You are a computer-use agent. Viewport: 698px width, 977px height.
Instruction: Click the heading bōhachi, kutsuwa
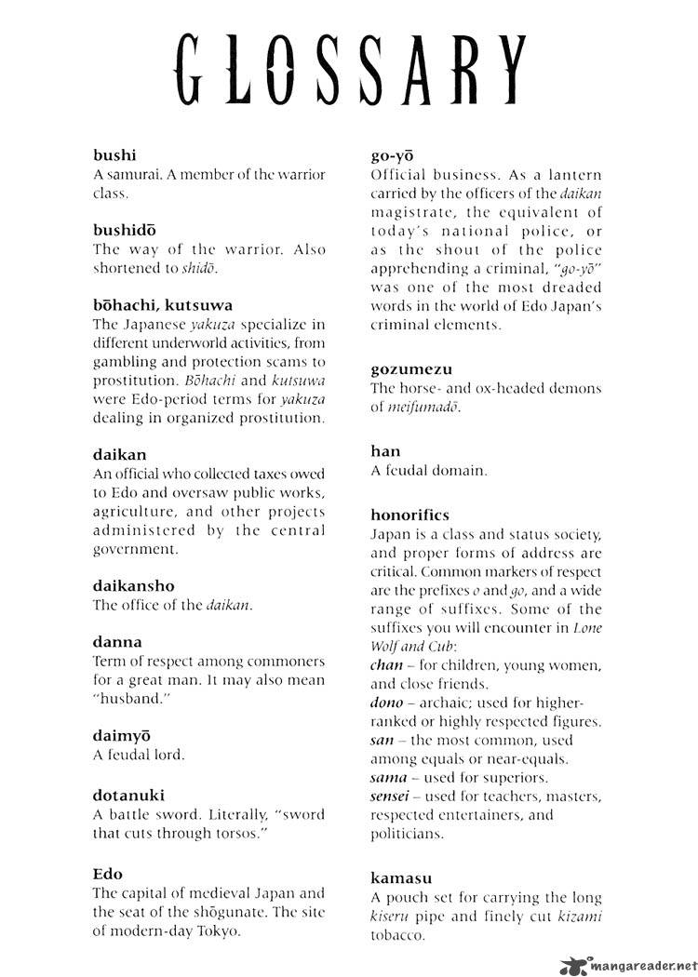(x=163, y=304)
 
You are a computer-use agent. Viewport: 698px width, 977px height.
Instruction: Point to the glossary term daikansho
(x=134, y=585)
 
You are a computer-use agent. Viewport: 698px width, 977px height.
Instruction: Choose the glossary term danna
(x=118, y=641)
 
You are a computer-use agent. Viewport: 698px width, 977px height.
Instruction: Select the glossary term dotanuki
(x=130, y=794)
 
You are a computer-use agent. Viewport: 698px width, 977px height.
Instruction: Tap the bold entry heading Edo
(x=108, y=874)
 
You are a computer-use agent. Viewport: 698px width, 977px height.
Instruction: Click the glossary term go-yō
(x=392, y=154)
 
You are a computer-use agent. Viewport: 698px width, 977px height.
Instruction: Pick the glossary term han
(x=386, y=451)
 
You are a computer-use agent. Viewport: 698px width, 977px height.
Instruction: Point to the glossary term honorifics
(x=410, y=515)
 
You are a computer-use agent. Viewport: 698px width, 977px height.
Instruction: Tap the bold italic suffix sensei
(x=395, y=796)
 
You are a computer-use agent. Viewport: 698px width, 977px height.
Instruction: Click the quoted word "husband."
(x=132, y=697)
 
